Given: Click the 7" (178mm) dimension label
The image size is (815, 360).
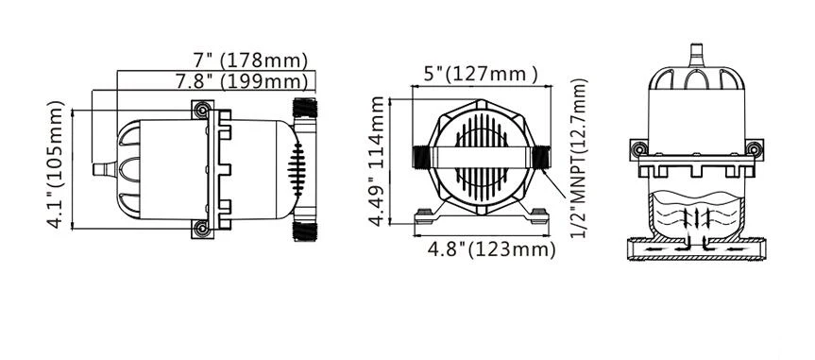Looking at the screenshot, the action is click(x=250, y=60).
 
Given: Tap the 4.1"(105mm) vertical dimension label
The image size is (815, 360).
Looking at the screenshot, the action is click(x=56, y=164).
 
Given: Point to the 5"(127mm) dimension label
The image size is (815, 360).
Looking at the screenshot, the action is click(x=481, y=75).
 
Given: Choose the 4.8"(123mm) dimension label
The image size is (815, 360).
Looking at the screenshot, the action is click(x=491, y=249).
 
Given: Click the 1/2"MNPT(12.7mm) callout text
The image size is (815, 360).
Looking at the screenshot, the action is click(x=579, y=159).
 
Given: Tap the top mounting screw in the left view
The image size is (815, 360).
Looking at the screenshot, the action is click(x=202, y=110).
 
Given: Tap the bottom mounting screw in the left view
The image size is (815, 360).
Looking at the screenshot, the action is click(x=202, y=228).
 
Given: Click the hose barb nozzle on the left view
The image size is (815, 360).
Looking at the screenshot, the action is click(x=105, y=169).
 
